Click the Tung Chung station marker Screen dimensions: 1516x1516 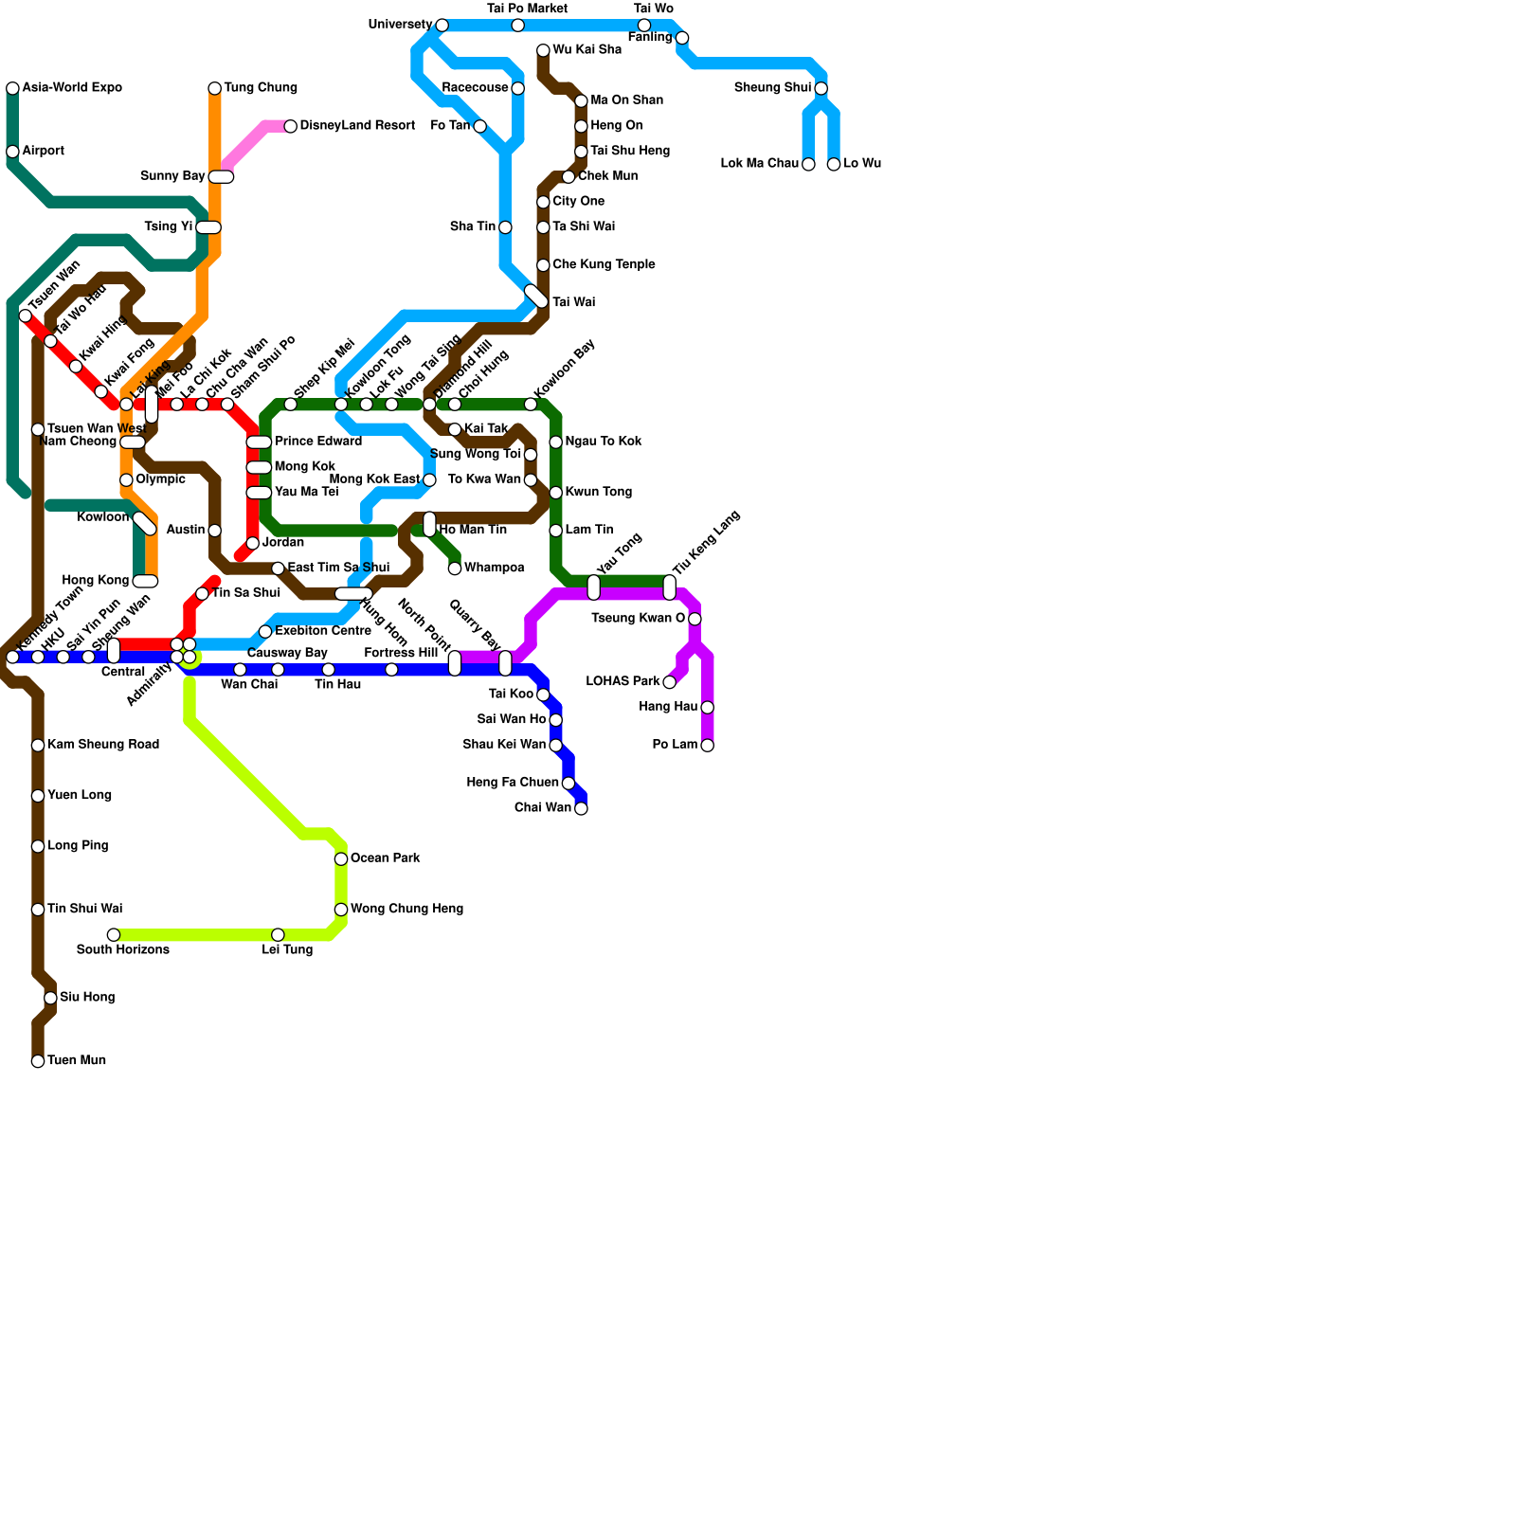coord(215,88)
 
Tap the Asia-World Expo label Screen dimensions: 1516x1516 coord(72,88)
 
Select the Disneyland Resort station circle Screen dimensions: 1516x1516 coord(291,126)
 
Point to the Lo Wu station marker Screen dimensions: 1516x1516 coord(834,164)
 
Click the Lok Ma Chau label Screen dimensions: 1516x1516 coord(759,164)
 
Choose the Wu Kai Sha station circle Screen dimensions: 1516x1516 coord(543,50)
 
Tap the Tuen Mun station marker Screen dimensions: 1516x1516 coord(38,1061)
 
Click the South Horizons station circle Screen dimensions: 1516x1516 coord(114,934)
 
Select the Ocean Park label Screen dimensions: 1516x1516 coord(385,858)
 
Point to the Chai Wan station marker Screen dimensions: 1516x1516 coord(581,808)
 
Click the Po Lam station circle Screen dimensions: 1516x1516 coord(707,746)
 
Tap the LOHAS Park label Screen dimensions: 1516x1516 coord(623,682)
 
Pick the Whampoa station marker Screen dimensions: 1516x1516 coord(455,568)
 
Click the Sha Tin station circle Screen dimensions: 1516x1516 coord(505,227)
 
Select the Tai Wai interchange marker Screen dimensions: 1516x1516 coord(536,297)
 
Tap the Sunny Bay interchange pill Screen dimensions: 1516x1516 coord(221,177)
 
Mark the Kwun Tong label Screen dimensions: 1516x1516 coord(598,493)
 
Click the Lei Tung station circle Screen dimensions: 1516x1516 coord(278,934)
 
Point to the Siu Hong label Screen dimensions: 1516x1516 coord(87,998)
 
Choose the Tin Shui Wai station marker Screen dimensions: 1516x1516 coord(38,910)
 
